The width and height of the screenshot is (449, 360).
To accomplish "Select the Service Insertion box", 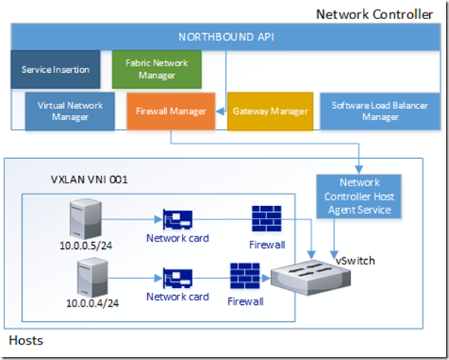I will [56, 70].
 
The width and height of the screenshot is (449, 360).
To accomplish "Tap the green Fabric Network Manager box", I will [156, 70].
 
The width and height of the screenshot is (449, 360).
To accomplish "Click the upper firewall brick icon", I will [266, 219].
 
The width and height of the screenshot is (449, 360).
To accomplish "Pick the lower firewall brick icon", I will [245, 278].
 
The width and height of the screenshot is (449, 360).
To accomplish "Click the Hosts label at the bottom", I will [26, 340].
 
